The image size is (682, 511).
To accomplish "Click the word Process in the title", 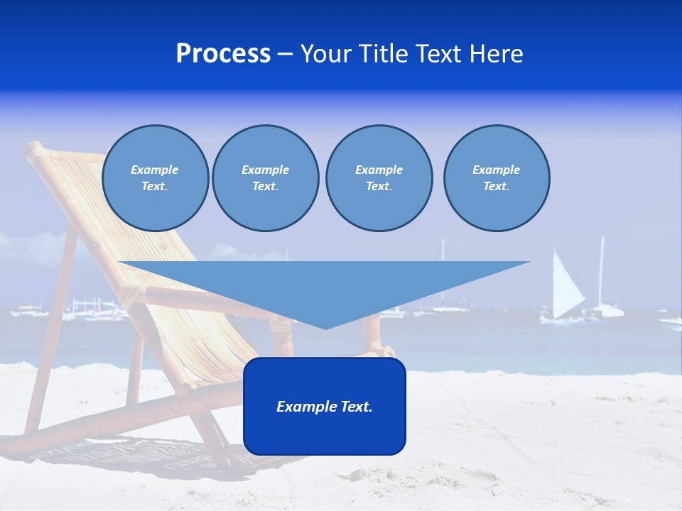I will pos(223,54).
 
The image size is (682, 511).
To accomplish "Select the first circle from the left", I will pos(156,178).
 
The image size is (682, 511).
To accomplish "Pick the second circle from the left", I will pos(266,178).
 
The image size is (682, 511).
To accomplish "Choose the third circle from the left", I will pos(379,178).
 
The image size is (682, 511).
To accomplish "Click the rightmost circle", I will pos(497,178).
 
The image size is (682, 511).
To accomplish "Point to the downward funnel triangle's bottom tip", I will pos(325,328).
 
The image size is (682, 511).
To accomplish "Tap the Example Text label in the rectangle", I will pos(325,407).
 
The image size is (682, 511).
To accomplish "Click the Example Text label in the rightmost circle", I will pos(497,178).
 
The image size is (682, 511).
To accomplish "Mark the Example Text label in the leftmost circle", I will pos(155,178).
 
